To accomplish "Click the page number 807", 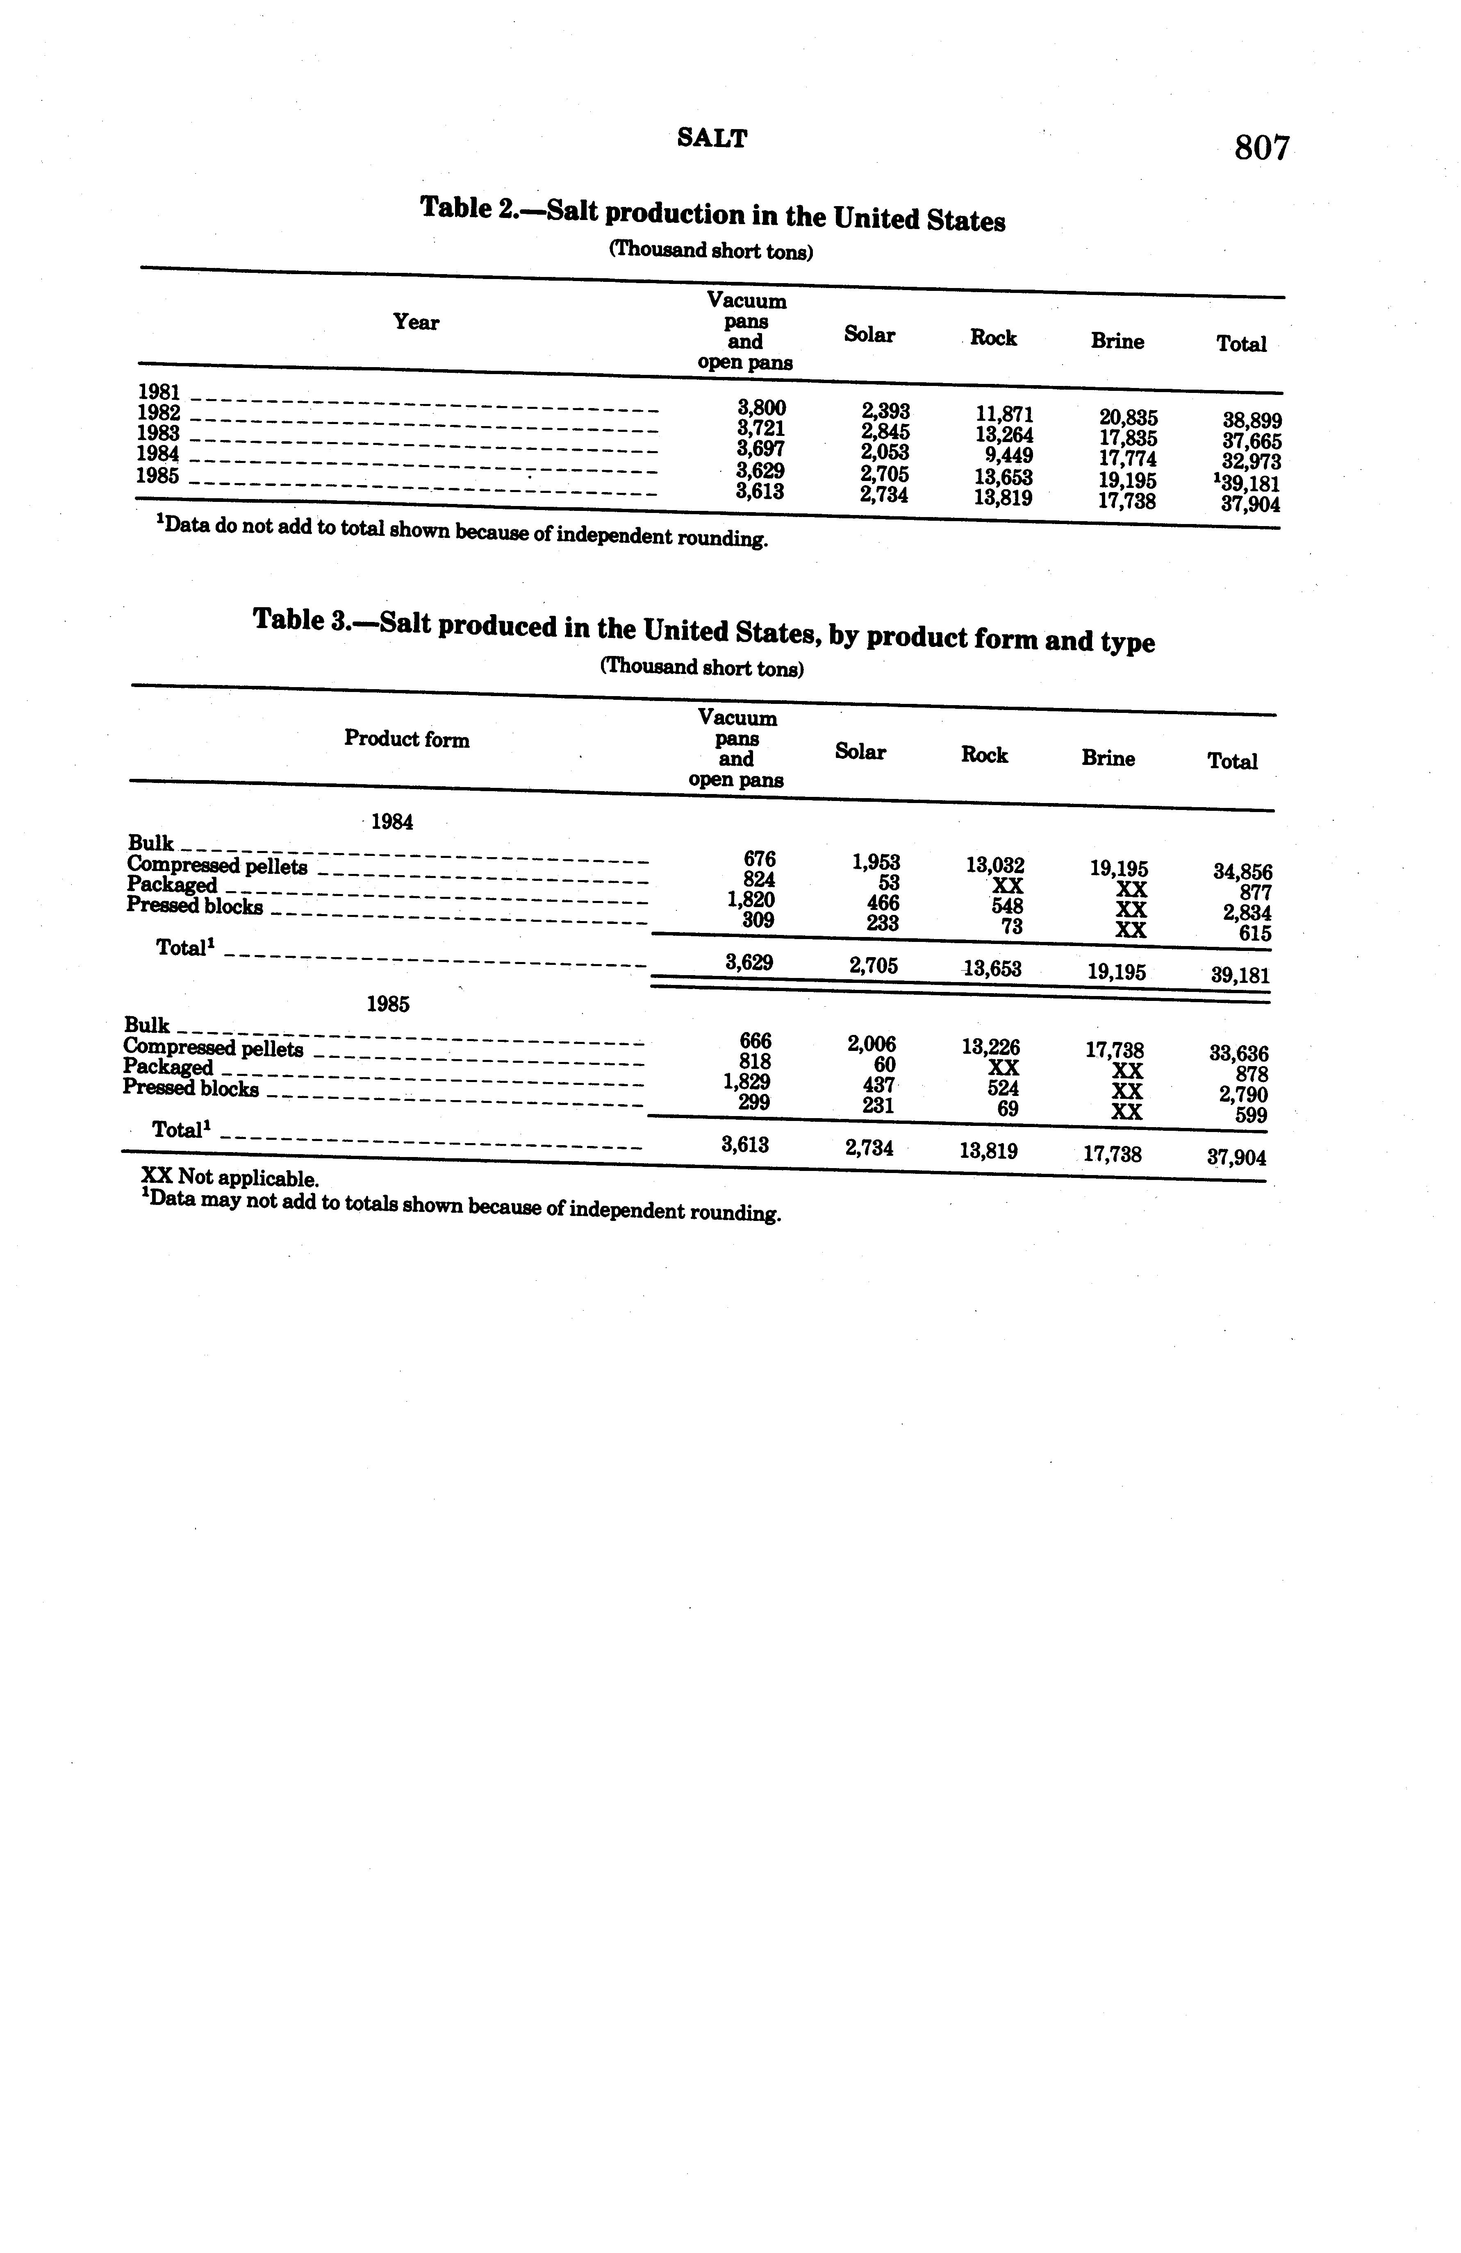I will tap(1261, 149).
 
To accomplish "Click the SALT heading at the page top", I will tap(712, 139).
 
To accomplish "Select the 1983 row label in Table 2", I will tap(158, 433).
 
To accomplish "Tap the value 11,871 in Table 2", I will tap(1004, 415).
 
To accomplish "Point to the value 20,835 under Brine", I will tap(1128, 417).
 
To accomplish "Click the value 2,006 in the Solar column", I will tap(871, 1044).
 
